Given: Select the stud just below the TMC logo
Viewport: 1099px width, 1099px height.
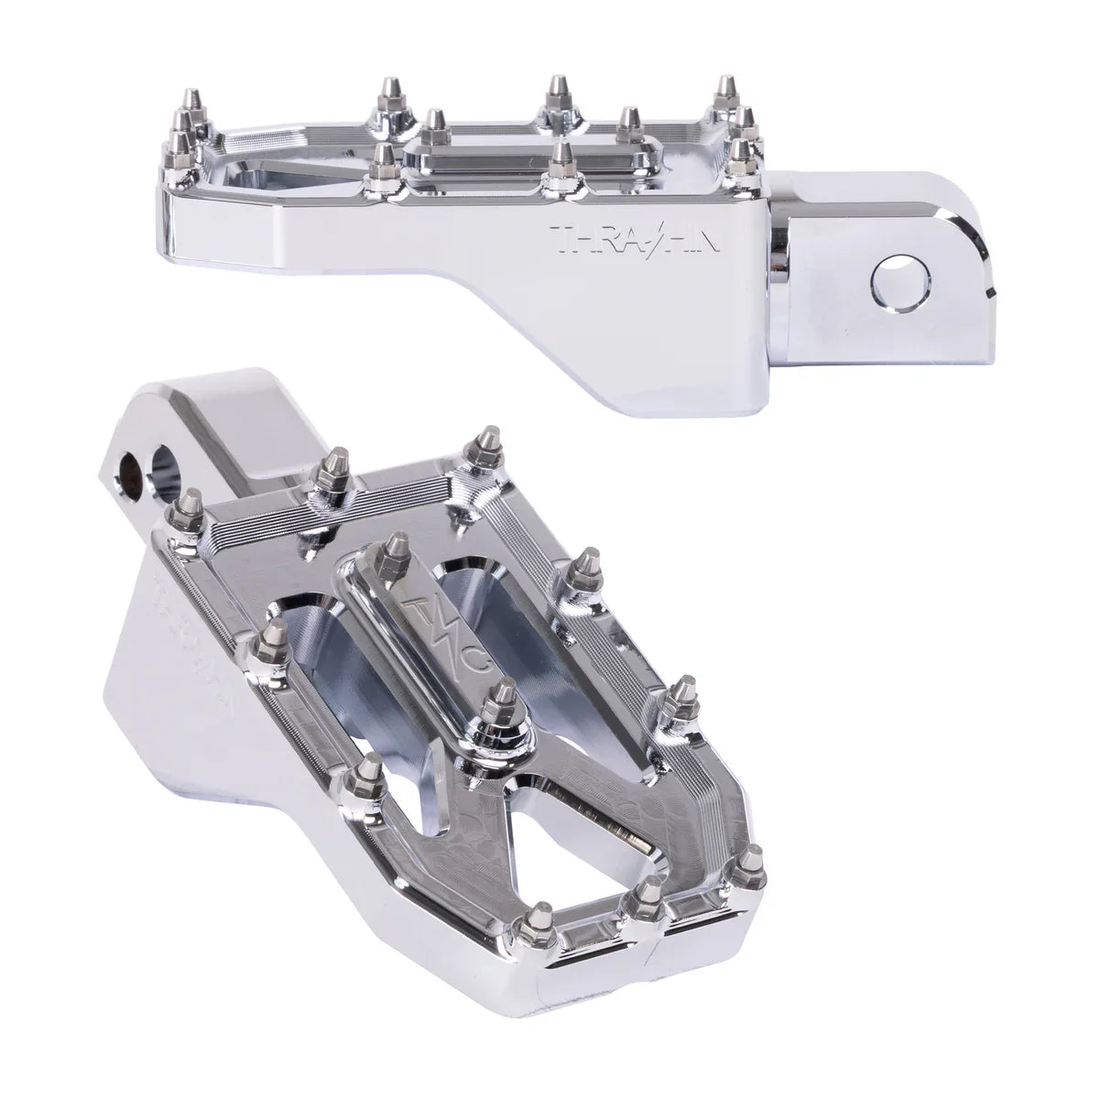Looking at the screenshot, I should click(x=498, y=701).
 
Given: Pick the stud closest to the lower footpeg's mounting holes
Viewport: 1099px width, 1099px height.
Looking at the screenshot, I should click(x=190, y=503).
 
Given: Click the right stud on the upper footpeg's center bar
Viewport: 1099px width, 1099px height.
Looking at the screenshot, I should click(x=628, y=123).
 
